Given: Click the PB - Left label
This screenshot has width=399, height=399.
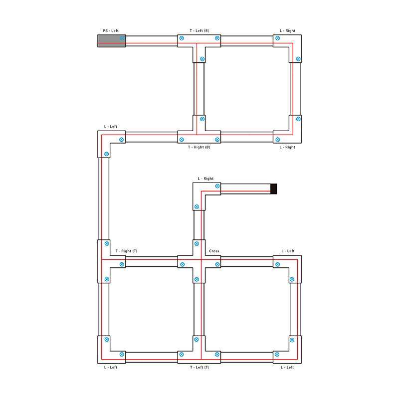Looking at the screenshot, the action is (111, 30).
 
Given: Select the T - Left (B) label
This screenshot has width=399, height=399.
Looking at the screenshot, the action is (199, 30).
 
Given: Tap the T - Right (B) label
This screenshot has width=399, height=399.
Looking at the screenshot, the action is (199, 147).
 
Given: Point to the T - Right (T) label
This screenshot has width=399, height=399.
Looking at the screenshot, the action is (126, 251).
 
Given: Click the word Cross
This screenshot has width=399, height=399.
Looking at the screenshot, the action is (214, 251).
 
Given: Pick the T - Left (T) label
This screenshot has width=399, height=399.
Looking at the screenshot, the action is (199, 367).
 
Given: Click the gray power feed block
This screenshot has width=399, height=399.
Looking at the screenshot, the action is (111, 41).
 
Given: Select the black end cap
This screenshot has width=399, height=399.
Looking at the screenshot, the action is (273, 189).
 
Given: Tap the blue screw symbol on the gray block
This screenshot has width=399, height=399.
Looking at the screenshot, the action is (122, 38).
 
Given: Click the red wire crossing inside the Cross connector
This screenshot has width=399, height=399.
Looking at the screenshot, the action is (201, 259).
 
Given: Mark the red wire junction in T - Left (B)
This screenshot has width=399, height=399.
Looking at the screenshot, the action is (197, 43).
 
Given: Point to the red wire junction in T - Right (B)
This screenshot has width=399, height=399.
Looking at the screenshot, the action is (197, 135).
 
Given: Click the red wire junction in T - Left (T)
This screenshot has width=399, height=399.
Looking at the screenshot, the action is (201, 360).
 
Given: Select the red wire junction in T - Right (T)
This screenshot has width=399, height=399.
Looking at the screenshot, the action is (102, 259).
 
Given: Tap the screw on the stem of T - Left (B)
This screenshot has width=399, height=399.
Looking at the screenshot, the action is (202, 59).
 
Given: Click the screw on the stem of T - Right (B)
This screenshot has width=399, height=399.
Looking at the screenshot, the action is (202, 119).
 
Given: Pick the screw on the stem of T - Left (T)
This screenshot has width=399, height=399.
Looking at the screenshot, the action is (196, 340).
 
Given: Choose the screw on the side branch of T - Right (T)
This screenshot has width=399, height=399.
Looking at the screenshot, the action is (122, 264).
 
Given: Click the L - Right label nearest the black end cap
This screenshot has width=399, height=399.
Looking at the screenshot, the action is (205, 179).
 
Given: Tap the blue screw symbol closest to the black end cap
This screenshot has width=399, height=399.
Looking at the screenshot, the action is (217, 186).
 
